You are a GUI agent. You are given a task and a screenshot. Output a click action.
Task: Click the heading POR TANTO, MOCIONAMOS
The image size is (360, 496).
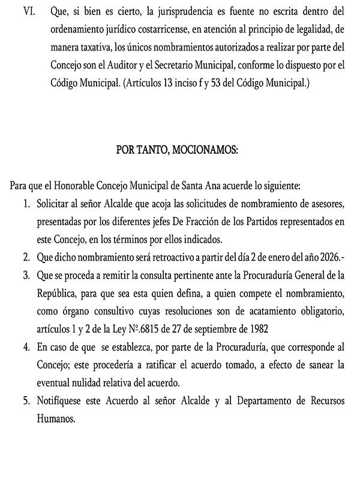tap(178, 150)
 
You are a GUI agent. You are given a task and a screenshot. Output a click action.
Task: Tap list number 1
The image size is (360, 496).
tap(26, 204)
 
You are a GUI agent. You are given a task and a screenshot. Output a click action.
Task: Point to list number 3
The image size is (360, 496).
tap(26, 276)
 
